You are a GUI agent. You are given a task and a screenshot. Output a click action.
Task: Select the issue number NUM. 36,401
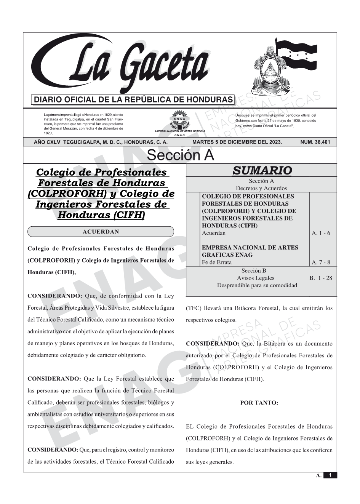[315, 142]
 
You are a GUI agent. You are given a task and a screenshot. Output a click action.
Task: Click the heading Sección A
[180, 155]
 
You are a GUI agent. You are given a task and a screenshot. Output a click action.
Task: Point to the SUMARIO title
[262, 170]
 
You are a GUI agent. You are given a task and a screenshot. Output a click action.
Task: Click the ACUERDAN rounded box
[101, 232]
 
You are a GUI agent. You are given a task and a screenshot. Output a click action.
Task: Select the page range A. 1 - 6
[321, 233]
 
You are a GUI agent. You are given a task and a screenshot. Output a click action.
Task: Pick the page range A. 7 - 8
[321, 262]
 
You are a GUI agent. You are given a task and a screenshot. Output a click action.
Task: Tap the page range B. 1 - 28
[320, 278]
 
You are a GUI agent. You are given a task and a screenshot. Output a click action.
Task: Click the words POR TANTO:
[259, 403]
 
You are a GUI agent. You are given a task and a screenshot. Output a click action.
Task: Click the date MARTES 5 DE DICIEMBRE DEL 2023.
[237, 142]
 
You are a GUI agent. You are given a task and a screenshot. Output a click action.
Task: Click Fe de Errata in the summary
[216, 262]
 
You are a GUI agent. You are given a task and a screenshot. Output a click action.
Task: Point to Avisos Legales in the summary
[255, 278]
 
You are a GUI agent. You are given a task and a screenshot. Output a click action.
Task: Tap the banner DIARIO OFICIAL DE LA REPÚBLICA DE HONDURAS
[133, 100]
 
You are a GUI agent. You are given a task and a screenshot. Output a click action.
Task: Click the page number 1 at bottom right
[330, 475]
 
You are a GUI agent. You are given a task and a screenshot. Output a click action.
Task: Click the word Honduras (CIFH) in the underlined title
[101, 215]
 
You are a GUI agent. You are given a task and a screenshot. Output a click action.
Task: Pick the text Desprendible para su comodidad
[257, 285]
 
